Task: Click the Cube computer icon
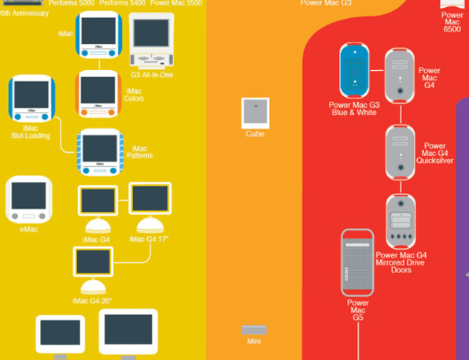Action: pyautogui.click(x=255, y=113)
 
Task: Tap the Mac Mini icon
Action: pyautogui.click(x=254, y=330)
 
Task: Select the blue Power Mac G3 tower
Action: pyautogui.click(x=354, y=70)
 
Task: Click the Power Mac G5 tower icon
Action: pyautogui.click(x=357, y=262)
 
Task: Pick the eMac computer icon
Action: pyautogui.click(x=28, y=199)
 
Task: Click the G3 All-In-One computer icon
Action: pyautogui.click(x=151, y=40)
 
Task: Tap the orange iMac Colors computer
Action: pyautogui.click(x=98, y=94)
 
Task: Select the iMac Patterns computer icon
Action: pyautogui.click(x=100, y=152)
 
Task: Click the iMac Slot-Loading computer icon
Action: pyautogui.click(x=31, y=98)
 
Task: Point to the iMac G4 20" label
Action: pyautogui.click(x=92, y=301)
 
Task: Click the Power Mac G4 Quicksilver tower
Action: pyautogui.click(x=401, y=153)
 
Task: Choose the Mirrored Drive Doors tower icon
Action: pyautogui.click(x=401, y=221)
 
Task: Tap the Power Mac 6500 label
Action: pyautogui.click(x=452, y=22)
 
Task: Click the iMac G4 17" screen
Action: pyautogui.click(x=150, y=199)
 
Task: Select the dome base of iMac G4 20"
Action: pyautogui.click(x=93, y=287)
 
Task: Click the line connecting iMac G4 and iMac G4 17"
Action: pyautogui.click(x=124, y=200)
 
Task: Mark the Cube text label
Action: pyautogui.click(x=255, y=134)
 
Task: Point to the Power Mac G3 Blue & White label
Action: pyautogui.click(x=354, y=109)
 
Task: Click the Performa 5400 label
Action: pyautogui.click(x=122, y=3)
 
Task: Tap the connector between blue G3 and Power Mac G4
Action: pyautogui.click(x=377, y=71)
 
